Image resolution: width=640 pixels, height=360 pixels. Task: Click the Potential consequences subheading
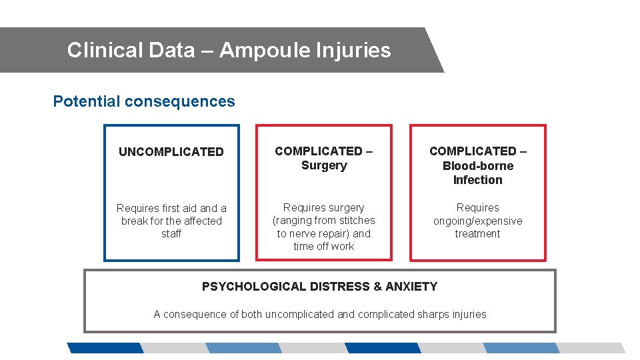tap(144, 101)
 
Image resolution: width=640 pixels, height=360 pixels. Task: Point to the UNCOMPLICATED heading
tap(171, 152)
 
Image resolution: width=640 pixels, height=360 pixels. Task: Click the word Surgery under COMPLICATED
tap(324, 165)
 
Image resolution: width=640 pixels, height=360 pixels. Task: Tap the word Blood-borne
tap(478, 166)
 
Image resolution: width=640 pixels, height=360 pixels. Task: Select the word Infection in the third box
tap(478, 180)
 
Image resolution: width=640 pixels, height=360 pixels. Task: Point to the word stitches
tap(354, 221)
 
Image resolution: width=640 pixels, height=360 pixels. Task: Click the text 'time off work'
tap(324, 247)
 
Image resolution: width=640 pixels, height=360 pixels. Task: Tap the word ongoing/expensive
tap(478, 221)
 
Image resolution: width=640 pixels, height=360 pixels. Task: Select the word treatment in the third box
tap(478, 234)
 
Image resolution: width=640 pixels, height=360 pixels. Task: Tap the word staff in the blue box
tap(171, 234)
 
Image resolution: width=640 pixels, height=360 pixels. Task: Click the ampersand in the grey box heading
tap(378, 287)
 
